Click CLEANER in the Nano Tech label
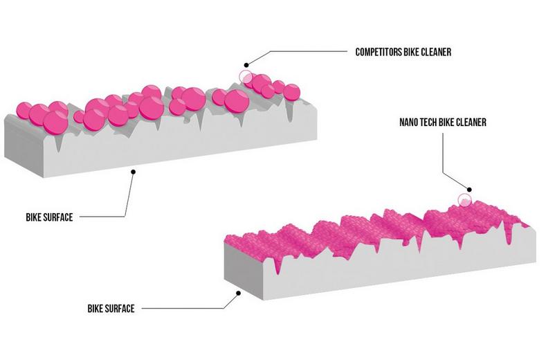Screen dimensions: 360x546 (x=473, y=122)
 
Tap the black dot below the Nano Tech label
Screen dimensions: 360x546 (x=468, y=188)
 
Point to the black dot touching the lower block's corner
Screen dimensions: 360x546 (x=239, y=293)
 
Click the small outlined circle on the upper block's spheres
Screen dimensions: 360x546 (x=245, y=77)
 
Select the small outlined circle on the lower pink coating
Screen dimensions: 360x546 (x=464, y=200)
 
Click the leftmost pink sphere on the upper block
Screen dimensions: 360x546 (x=25, y=110)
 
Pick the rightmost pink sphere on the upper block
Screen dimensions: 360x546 (x=291, y=91)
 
